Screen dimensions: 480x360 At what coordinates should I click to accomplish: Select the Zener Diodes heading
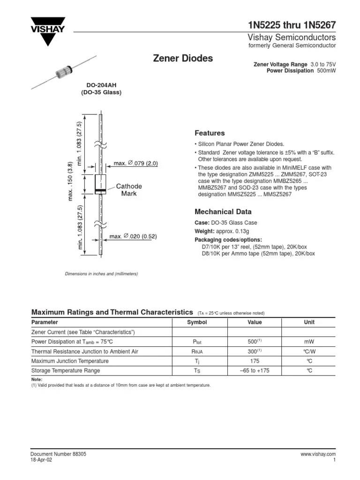click(183, 59)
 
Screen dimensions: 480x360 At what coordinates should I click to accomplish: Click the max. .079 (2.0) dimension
click(136, 163)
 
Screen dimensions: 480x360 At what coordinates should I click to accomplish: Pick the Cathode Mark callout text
click(129, 190)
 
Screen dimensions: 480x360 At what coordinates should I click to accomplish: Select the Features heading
click(210, 133)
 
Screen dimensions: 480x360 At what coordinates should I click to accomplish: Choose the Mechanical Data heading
click(223, 212)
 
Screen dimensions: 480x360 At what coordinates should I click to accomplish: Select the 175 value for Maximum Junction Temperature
click(255, 361)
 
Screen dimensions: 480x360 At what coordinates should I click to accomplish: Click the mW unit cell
click(309, 342)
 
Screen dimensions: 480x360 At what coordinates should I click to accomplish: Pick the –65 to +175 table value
click(255, 371)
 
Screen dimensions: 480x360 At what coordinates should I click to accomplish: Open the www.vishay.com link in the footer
click(318, 454)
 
